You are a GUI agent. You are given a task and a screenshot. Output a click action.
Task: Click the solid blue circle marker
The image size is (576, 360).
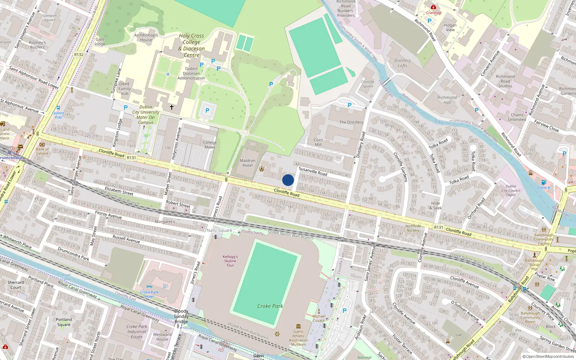(x=288, y=180)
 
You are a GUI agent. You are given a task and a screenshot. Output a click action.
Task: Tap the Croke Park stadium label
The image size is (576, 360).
(x=270, y=306)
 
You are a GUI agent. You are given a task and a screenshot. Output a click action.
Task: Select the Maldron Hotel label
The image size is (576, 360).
(x=247, y=163)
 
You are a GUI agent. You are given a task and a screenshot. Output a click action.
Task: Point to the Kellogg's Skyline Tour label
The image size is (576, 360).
(x=230, y=261)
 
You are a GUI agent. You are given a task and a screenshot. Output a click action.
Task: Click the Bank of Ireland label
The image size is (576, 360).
(x=42, y=151)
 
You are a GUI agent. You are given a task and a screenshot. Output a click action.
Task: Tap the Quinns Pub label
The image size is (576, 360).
(x=58, y=115)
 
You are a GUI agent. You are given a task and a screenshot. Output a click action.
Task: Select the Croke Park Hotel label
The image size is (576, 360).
(x=149, y=294)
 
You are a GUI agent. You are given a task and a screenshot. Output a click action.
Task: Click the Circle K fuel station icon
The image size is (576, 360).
(x=544, y=182)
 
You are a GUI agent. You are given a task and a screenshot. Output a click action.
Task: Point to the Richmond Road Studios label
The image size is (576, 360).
(x=505, y=81)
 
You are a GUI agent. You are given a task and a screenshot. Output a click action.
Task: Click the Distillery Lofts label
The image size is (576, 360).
(x=402, y=63)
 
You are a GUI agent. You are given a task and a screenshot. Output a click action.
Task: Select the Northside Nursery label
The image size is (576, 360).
(x=413, y=228)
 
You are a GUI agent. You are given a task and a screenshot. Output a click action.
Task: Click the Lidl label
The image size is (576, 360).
(x=459, y=335)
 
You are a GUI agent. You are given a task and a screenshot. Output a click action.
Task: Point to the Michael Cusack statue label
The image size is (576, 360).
(x=319, y=318)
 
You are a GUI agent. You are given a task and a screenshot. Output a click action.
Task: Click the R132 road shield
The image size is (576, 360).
(x=78, y=54)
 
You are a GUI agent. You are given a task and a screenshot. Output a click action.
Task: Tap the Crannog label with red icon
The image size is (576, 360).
(x=433, y=13)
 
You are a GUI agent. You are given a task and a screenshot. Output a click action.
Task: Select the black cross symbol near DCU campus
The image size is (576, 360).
(x=172, y=107)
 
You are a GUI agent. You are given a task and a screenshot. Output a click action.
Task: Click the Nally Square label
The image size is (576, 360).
(x=219, y=230)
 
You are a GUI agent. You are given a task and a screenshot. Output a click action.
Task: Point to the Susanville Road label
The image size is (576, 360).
(x=313, y=171)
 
